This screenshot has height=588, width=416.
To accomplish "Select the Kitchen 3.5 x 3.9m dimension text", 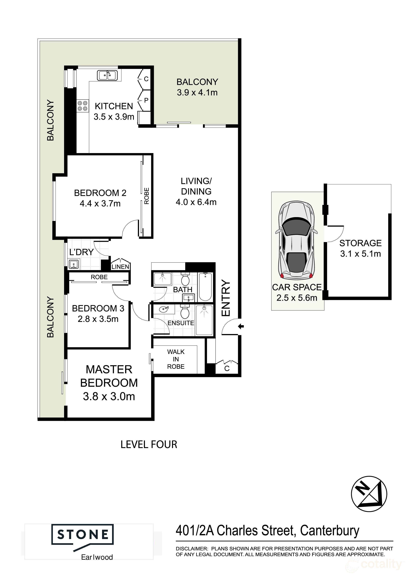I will (114, 117).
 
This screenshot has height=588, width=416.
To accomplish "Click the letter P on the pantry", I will (146, 100).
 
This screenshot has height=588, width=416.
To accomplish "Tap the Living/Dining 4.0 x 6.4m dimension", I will (196, 202).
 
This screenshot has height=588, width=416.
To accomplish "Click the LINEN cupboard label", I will (120, 267).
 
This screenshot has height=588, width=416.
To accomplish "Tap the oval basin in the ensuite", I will (163, 309).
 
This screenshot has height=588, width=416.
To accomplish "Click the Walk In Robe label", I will (176, 359).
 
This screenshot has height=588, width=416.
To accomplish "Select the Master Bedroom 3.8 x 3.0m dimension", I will (109, 396).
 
